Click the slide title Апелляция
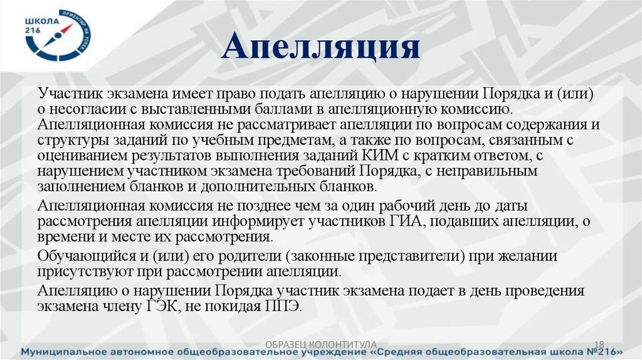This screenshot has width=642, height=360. pyautogui.click(x=320, y=48)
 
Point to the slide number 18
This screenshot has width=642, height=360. pyautogui.click(x=598, y=344)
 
